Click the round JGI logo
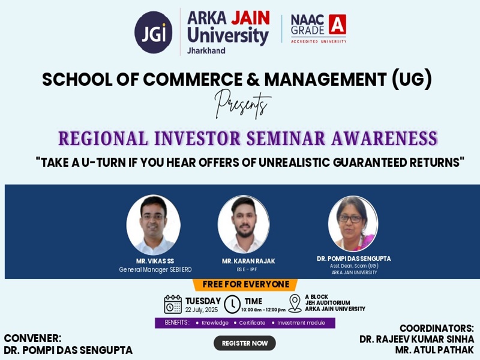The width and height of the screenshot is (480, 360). (154, 32)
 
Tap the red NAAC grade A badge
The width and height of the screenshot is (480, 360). (338, 24)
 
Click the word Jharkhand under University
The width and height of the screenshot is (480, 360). (206, 50)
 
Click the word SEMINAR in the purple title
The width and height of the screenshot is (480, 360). (286, 138)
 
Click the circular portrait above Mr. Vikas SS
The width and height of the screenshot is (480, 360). (154, 225)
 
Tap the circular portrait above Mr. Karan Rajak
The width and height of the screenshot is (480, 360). (244, 224)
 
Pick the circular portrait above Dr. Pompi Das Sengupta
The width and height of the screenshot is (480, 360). (353, 224)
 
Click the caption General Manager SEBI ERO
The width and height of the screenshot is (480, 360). (155, 269)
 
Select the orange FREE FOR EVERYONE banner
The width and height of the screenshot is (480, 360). (245, 284)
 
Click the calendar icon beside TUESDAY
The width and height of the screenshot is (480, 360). (173, 304)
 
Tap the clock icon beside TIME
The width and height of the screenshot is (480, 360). (232, 304)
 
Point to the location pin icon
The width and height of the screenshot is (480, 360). (295, 304)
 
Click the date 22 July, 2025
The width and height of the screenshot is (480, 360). (202, 310)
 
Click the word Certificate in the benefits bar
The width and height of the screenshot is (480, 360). (252, 323)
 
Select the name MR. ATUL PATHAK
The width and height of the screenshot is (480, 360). (434, 350)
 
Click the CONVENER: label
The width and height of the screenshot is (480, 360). (33, 338)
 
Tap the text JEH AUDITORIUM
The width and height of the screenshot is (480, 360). (328, 303)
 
